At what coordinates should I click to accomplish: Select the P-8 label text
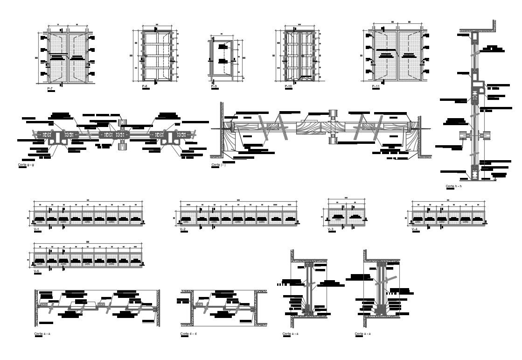[x=145, y=87]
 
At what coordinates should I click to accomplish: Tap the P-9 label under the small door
[x=214, y=86]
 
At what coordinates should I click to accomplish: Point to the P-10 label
[x=288, y=87]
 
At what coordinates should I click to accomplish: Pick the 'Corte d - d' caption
[x=188, y=333]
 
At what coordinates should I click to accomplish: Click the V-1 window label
[x=36, y=229]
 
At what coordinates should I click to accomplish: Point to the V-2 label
[x=183, y=229]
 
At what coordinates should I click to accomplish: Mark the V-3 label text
[x=331, y=229]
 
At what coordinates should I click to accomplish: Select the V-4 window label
[x=414, y=229]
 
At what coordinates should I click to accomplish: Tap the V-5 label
[x=36, y=270]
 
